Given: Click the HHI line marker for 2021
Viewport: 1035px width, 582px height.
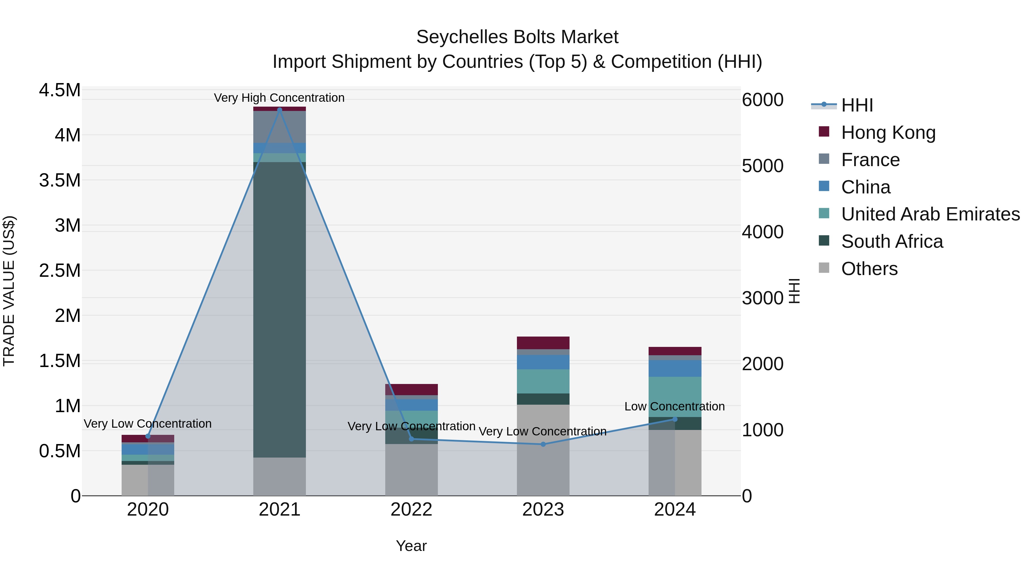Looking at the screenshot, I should pos(280,110).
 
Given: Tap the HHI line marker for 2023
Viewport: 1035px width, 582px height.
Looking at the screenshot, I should pos(543,444).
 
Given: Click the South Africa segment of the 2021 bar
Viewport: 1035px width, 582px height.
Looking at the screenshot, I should pos(280,309).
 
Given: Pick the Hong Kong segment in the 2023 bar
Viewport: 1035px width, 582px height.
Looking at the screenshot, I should pos(543,343).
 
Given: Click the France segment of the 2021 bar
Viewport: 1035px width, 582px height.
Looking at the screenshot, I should pos(280,126).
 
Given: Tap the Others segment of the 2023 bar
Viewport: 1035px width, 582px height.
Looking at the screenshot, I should pos(543,450).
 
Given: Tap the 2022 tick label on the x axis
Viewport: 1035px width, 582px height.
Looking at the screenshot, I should pos(411,510).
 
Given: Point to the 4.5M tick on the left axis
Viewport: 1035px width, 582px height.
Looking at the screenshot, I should pos(60,90).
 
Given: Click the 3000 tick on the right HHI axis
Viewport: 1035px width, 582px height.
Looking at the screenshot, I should pos(762,298).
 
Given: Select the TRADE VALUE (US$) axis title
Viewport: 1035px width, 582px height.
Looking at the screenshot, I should pos(9,291).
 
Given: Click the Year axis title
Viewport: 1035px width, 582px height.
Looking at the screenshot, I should pos(411,546).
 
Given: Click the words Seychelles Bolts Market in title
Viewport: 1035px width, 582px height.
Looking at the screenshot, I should pos(517,37).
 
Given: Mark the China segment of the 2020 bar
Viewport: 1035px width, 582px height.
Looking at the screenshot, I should pos(147,449).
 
